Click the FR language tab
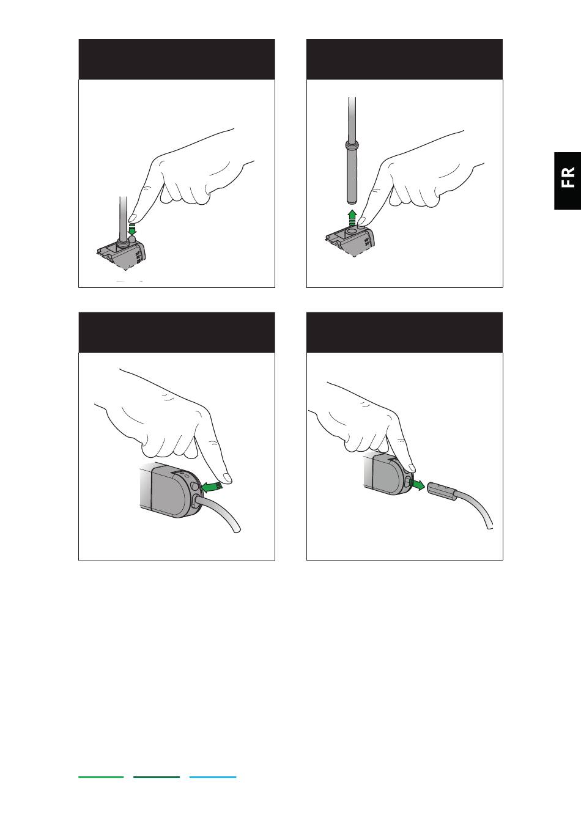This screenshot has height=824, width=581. (568, 180)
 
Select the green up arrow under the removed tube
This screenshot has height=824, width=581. (352, 217)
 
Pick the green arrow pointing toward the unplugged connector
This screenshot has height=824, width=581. (417, 485)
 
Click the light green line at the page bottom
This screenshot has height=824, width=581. (101, 777)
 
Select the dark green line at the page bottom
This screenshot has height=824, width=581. (157, 777)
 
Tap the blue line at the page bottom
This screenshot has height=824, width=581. (213, 777)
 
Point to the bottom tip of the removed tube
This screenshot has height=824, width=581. (352, 202)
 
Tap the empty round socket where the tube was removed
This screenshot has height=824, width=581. (352, 231)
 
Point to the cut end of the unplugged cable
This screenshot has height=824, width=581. (490, 527)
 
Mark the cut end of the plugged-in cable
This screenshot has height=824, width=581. (237, 530)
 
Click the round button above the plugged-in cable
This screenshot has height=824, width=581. (195, 487)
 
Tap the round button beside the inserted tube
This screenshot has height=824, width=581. (133, 239)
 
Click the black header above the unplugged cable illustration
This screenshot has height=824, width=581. (404, 333)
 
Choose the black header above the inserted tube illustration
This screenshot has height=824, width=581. (177, 59)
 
